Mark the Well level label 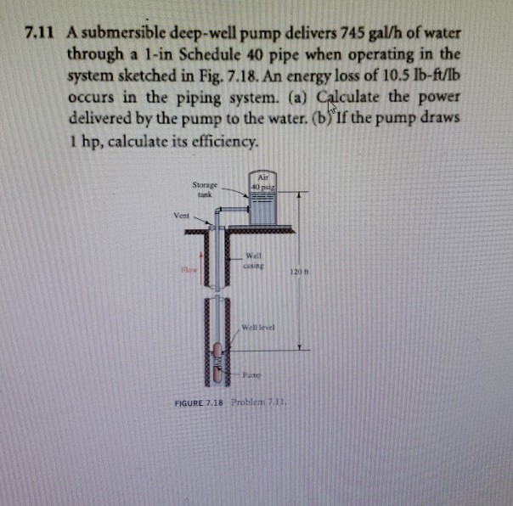(x=258, y=327)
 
